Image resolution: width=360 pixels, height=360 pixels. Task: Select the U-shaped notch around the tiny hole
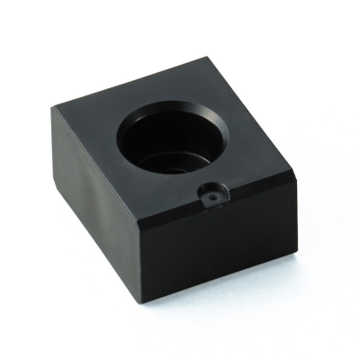[211, 198]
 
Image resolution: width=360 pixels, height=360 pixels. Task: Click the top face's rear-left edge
[131, 83]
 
